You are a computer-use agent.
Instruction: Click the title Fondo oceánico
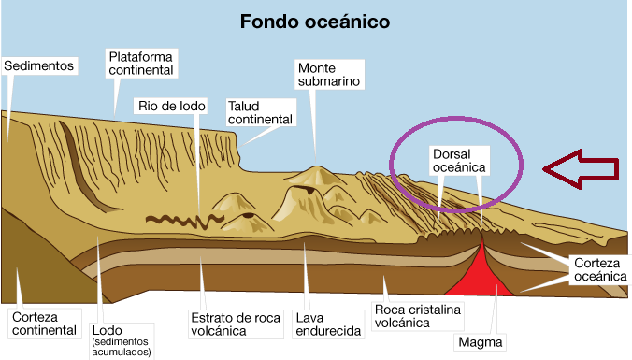point(315,21)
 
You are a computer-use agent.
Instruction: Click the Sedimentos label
point(38,66)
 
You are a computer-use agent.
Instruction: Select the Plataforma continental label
point(141,63)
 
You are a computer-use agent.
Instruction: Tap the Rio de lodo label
point(171,106)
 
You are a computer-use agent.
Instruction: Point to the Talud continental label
point(261,113)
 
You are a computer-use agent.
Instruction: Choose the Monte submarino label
point(328,75)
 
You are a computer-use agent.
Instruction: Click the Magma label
point(481,341)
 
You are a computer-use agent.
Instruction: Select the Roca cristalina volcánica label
point(415,316)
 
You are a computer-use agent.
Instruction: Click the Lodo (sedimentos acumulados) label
point(122,336)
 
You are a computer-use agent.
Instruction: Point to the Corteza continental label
point(43,324)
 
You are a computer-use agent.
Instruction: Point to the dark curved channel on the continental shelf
point(79,159)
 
